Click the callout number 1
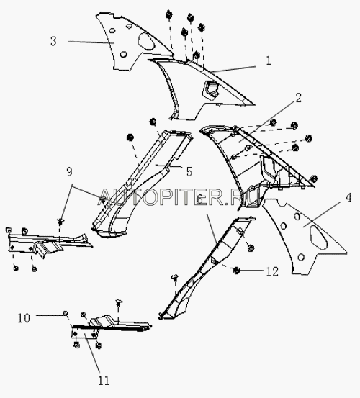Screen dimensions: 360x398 (269, 61)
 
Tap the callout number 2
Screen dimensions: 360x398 (298, 98)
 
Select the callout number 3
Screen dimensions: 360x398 (53, 41)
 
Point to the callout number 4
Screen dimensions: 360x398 (348, 198)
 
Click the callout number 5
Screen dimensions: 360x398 (189, 171)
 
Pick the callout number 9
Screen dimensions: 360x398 (69, 172)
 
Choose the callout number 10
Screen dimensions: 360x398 (24, 318)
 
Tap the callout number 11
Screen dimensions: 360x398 (104, 381)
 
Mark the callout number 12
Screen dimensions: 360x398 (272, 271)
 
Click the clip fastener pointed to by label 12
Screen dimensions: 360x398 (236, 271)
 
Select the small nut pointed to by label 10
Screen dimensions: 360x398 (65, 313)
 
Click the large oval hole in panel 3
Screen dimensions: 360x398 (146, 41)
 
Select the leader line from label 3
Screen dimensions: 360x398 (91, 42)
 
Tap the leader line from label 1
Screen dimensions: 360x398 (234, 70)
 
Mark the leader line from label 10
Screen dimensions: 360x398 (50, 315)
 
